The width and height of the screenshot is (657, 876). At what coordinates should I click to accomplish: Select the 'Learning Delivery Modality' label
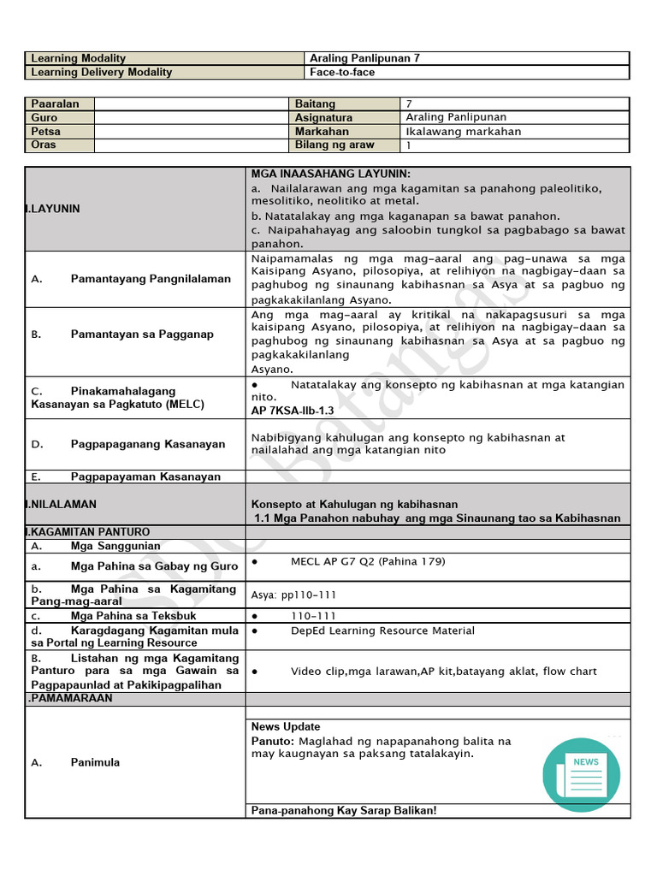tap(101, 73)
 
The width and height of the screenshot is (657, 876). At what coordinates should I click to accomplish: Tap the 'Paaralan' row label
tap(55, 104)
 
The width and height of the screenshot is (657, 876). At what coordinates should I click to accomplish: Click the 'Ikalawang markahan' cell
tap(463, 132)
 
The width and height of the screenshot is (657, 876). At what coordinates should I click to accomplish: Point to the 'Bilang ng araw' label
tap(334, 145)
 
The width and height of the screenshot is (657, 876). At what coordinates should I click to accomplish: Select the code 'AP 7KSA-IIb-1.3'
tap(293, 411)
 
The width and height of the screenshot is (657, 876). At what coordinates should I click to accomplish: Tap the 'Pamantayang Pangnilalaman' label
tap(151, 279)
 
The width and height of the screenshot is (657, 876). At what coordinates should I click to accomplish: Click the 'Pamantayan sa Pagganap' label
tap(142, 334)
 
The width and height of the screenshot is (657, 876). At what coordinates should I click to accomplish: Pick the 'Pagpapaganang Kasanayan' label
tap(148, 444)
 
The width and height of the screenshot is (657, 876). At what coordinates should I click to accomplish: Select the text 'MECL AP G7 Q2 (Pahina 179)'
tap(368, 562)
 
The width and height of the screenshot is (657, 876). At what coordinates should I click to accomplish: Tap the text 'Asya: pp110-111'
tap(293, 595)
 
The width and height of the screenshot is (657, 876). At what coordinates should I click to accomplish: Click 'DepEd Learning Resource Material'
tap(382, 630)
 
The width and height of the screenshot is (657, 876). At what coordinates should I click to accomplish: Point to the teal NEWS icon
tap(582, 773)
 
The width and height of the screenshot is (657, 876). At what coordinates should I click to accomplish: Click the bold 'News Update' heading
tap(286, 726)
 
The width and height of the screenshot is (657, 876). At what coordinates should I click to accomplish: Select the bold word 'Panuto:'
tap(272, 741)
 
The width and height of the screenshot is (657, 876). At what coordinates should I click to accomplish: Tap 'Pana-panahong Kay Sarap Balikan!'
tap(344, 810)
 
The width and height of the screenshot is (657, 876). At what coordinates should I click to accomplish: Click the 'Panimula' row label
tap(95, 762)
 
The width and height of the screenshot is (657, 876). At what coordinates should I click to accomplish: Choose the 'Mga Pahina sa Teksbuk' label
tap(133, 616)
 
